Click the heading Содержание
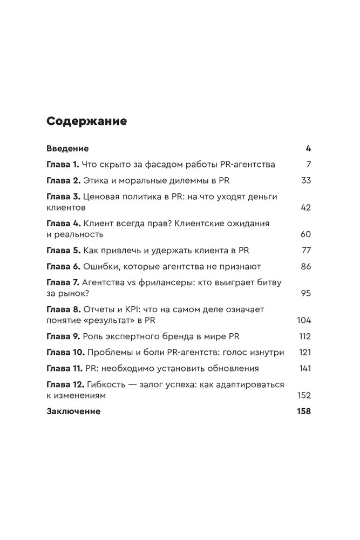tap(87, 121)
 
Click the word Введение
tap(67, 148)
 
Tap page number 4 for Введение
tap(308, 148)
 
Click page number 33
tap(306, 180)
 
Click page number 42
tap(306, 207)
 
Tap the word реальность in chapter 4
tap(79, 234)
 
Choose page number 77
tap(306, 251)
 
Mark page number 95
tap(306, 293)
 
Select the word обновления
tap(228, 368)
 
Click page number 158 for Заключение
tap(304, 411)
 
